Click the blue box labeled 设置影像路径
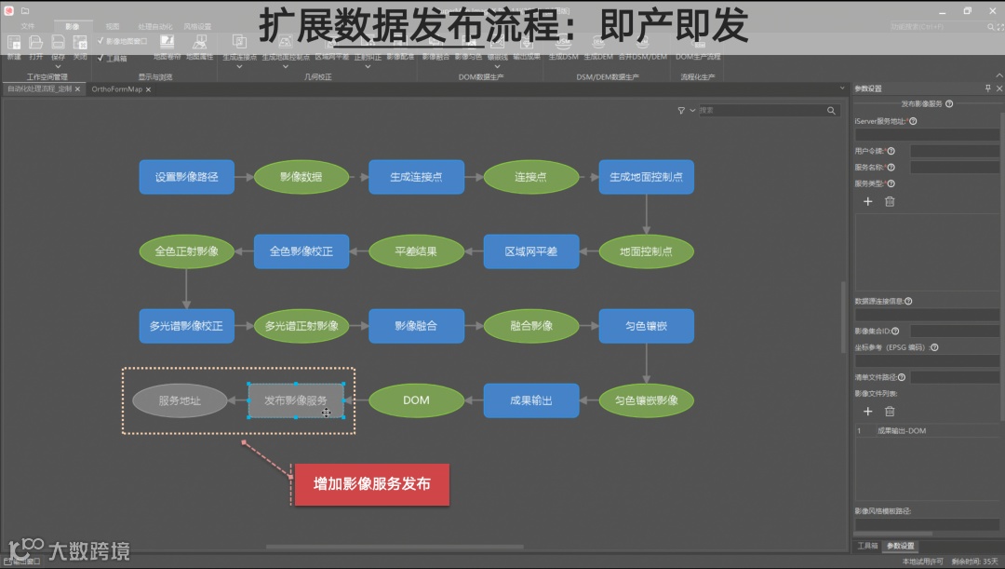(x=186, y=177)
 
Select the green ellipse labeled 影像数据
(x=301, y=177)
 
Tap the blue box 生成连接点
(x=416, y=177)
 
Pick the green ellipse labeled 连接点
(x=530, y=177)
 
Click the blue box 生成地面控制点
(x=646, y=177)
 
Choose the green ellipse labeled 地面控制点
(x=646, y=251)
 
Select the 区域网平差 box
(x=530, y=251)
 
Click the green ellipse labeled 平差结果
(x=416, y=251)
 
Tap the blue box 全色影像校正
(x=301, y=251)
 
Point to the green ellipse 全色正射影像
(x=186, y=251)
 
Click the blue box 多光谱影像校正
(x=186, y=326)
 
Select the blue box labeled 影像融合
(x=416, y=326)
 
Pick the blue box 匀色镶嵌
(x=646, y=326)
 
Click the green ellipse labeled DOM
(x=416, y=400)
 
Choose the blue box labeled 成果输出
(x=530, y=400)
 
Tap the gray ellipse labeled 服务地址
(x=180, y=400)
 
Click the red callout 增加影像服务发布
(x=371, y=484)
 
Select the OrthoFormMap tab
(x=116, y=89)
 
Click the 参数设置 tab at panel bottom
(x=900, y=546)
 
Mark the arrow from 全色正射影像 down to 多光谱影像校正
(x=186, y=289)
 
